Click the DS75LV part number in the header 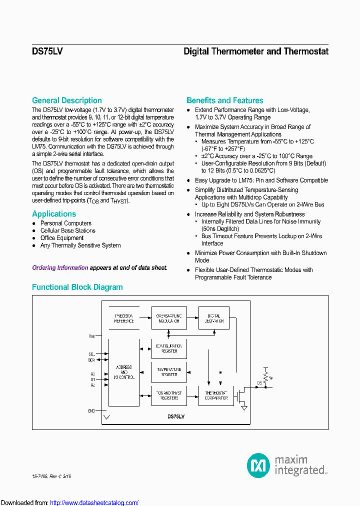(47, 51)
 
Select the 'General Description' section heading (66, 100)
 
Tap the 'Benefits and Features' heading (224, 100)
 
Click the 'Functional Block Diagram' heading (77, 287)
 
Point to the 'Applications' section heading (54, 214)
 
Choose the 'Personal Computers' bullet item (65, 223)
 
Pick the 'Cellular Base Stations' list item (67, 231)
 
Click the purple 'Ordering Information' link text (60, 268)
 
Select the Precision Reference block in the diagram (124, 318)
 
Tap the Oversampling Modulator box (169, 318)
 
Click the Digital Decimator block (214, 318)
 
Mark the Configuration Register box (169, 348)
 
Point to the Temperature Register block (169, 372)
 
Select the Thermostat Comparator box (216, 395)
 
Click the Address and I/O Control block (124, 372)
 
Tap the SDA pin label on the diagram (91, 360)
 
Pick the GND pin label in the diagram (91, 410)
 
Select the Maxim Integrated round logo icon (258, 465)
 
